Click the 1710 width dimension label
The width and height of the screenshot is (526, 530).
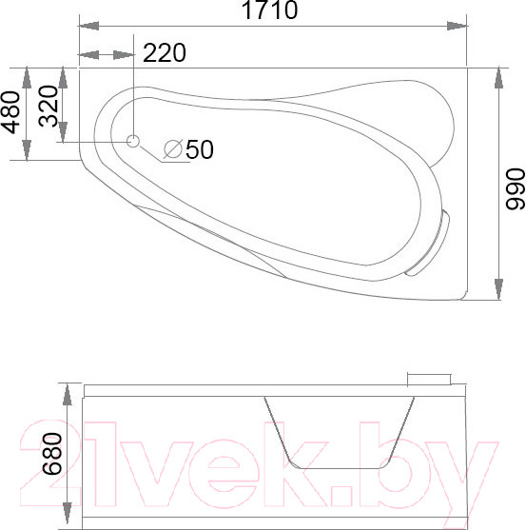click(270, 10)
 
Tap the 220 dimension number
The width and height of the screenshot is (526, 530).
click(165, 52)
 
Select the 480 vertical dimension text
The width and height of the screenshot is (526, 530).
click(10, 112)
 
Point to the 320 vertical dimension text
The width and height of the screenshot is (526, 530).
click(49, 107)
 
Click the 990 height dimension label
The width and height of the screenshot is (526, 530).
click(515, 189)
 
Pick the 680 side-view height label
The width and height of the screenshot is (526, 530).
click(52, 454)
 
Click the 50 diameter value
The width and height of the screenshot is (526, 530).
click(200, 149)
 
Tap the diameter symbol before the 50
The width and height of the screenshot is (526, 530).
click(173, 148)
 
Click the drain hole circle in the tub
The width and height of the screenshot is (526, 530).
click(133, 141)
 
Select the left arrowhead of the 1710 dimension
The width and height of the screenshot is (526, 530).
click(88, 26)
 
